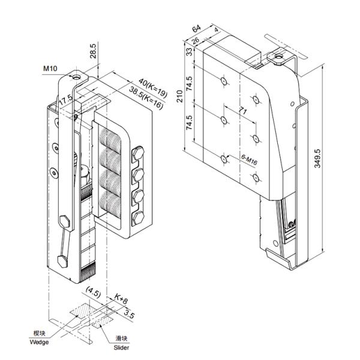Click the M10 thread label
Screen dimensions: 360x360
[x=50, y=69]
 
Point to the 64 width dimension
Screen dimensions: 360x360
[x=196, y=29]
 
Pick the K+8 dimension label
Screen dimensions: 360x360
[x=123, y=298]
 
